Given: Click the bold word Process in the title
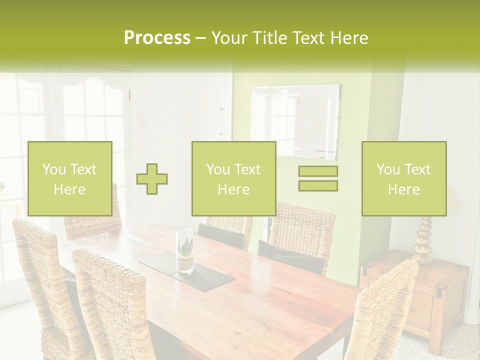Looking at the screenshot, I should (x=157, y=38).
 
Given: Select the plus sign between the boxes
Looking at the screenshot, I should (x=152, y=178).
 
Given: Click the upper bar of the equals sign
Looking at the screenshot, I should (x=318, y=171).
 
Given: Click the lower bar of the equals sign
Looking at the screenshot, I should (x=318, y=185).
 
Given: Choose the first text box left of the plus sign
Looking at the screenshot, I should (x=69, y=178).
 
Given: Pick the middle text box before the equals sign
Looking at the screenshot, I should (x=233, y=178).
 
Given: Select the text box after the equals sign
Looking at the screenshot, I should (x=403, y=178).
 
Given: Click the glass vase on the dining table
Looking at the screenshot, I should (x=184, y=250).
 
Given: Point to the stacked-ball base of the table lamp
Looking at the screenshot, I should (x=423, y=240).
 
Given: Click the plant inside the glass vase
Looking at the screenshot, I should (x=185, y=246).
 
